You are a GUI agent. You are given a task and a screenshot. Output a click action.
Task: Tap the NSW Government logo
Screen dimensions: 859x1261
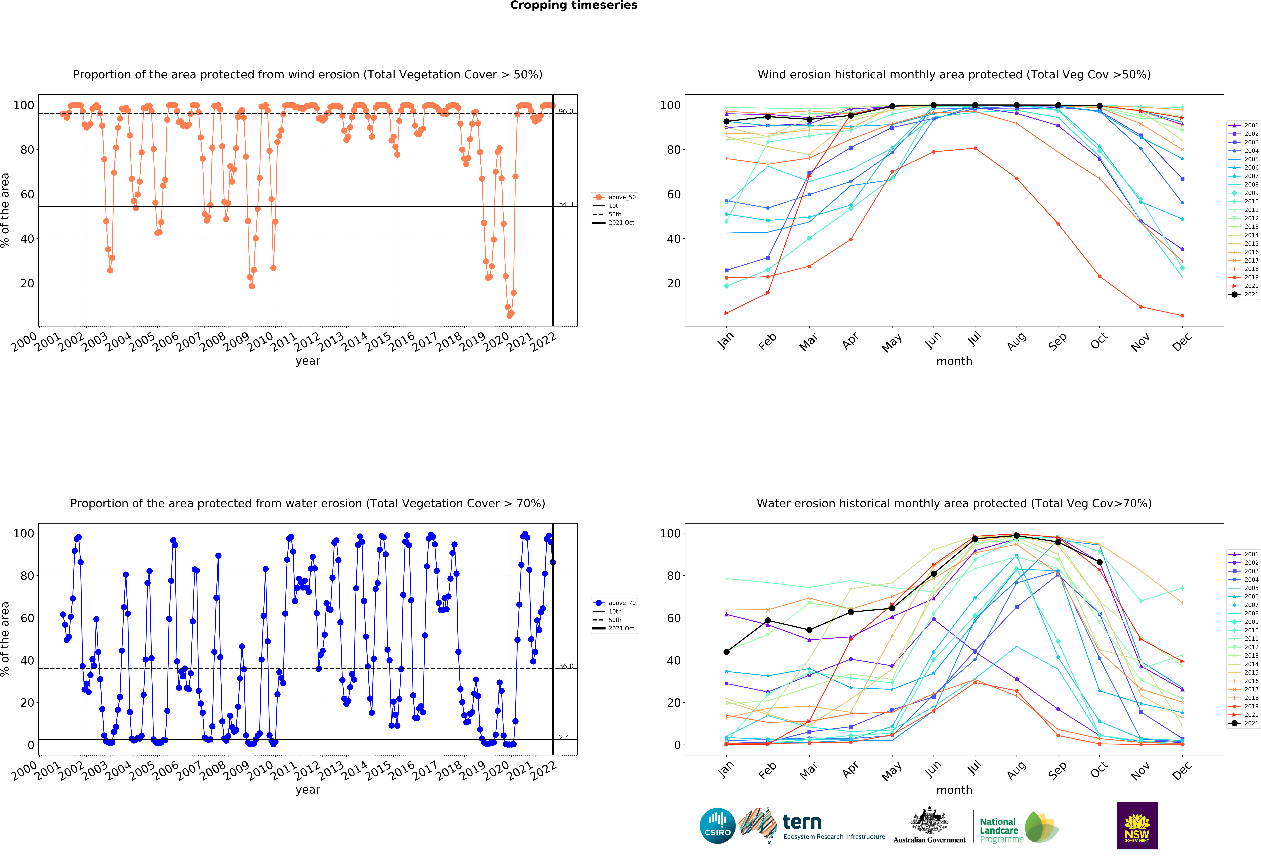pos(1137,825)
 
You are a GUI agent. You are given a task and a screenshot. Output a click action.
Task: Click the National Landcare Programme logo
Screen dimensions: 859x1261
pos(1019,830)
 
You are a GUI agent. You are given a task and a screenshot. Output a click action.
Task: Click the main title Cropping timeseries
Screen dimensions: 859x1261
pos(574,5)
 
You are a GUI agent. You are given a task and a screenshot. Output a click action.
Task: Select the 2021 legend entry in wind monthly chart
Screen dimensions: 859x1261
pos(1247,294)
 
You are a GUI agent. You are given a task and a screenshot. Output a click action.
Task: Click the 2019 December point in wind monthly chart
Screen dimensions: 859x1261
pos(1182,316)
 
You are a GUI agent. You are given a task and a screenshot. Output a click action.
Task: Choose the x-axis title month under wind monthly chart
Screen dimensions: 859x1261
pos(954,361)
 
